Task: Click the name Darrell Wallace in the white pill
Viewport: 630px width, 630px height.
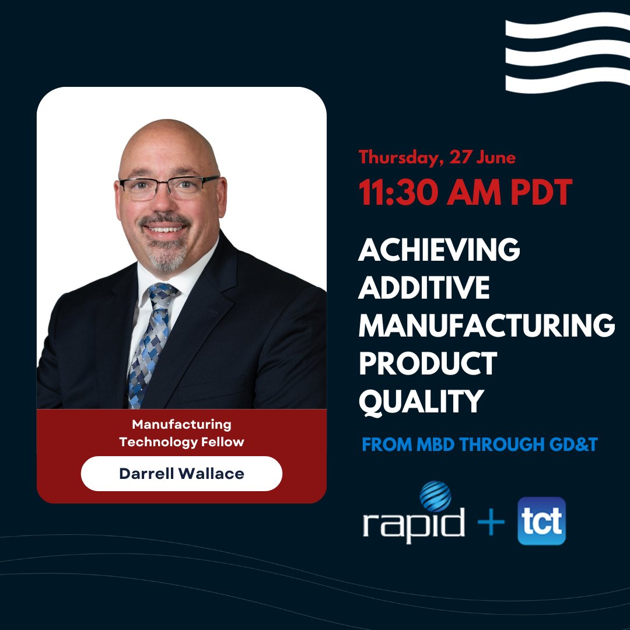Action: tap(181, 473)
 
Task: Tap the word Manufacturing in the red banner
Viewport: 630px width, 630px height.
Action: tap(181, 424)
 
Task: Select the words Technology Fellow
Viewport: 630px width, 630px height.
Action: tap(181, 442)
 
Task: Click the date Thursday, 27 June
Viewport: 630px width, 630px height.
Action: tap(437, 157)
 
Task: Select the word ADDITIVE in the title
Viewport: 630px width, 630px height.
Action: tap(424, 289)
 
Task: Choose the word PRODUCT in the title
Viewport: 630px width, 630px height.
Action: tap(427, 364)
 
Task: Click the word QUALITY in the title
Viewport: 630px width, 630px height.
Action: tap(421, 402)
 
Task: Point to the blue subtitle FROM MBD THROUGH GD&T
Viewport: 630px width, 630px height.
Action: tap(480, 444)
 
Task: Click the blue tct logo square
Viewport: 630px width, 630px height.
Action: tap(541, 521)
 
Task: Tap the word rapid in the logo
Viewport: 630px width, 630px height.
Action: tap(413, 522)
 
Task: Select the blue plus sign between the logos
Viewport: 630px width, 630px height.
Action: tap(490, 522)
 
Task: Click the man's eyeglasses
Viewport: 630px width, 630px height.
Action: tap(169, 187)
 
